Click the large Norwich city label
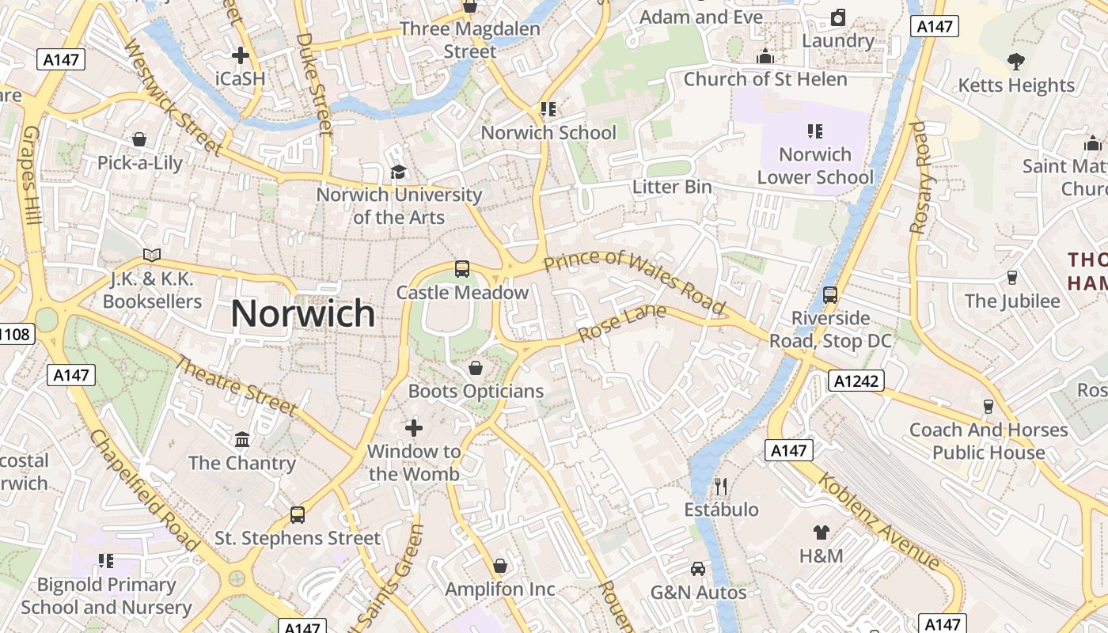tap(303, 314)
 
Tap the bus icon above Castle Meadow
tap(462, 269)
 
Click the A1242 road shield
tap(856, 381)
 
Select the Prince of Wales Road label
tap(635, 282)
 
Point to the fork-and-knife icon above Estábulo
tap(720, 486)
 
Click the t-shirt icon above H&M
tap(821, 533)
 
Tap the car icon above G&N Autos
tap(698, 569)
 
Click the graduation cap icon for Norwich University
tap(398, 172)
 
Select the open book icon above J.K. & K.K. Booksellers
tap(152, 255)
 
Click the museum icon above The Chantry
tap(242, 439)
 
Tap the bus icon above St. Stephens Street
tap(298, 515)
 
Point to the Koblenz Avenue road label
tap(878, 521)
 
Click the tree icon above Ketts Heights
tap(1016, 62)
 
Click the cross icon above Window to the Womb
tap(414, 428)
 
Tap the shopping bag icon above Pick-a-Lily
tap(139, 140)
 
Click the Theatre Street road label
tap(235, 386)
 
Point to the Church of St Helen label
tap(765, 79)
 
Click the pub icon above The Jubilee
tap(1011, 278)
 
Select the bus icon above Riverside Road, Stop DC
tap(830, 295)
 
